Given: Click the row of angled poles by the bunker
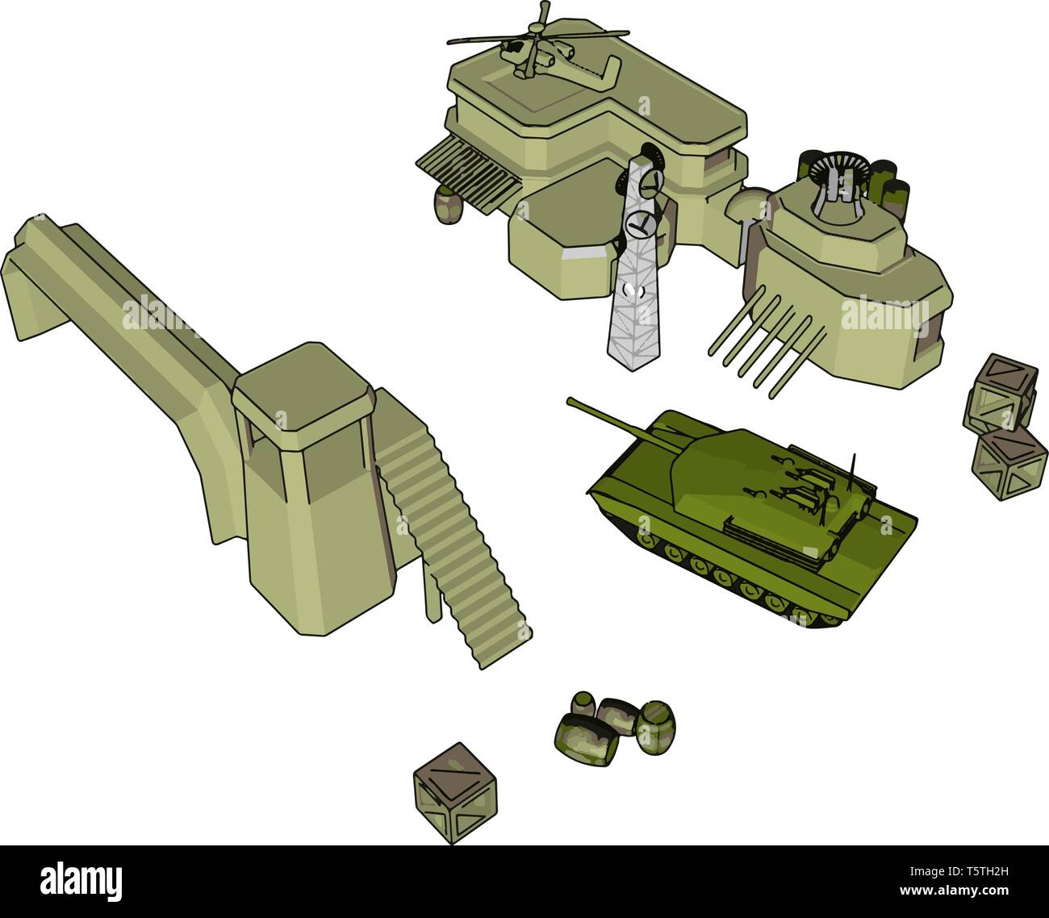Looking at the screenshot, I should coord(759,339).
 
